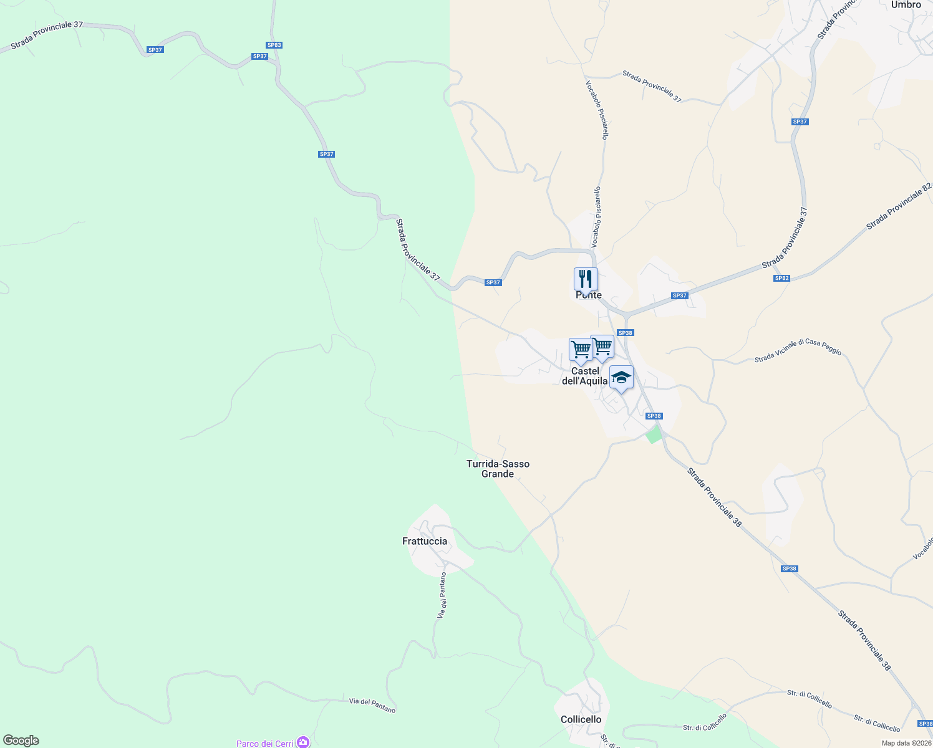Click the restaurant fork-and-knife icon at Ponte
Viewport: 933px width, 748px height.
[585, 279]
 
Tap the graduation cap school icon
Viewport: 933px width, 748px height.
[621, 378]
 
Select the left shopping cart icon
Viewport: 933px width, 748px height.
[581, 350]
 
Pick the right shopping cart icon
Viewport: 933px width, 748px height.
[602, 347]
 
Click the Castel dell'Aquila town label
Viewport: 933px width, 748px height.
[585, 376]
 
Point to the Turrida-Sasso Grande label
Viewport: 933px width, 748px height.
[498, 469]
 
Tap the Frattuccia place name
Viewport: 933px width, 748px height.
[425, 541]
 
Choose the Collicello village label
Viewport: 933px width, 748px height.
[581, 719]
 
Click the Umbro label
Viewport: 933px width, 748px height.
[906, 5]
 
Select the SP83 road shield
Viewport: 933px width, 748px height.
[274, 45]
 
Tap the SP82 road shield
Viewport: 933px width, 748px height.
[781, 278]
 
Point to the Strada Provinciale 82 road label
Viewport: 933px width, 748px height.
[898, 206]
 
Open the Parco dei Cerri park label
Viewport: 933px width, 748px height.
[264, 743]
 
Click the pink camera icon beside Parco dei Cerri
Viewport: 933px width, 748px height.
[303, 742]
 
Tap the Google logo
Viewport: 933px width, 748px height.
[21, 741]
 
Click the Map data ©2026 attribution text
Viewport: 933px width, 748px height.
[906, 743]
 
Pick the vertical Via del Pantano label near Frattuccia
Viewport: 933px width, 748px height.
[442, 595]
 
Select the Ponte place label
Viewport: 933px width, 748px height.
[589, 295]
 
